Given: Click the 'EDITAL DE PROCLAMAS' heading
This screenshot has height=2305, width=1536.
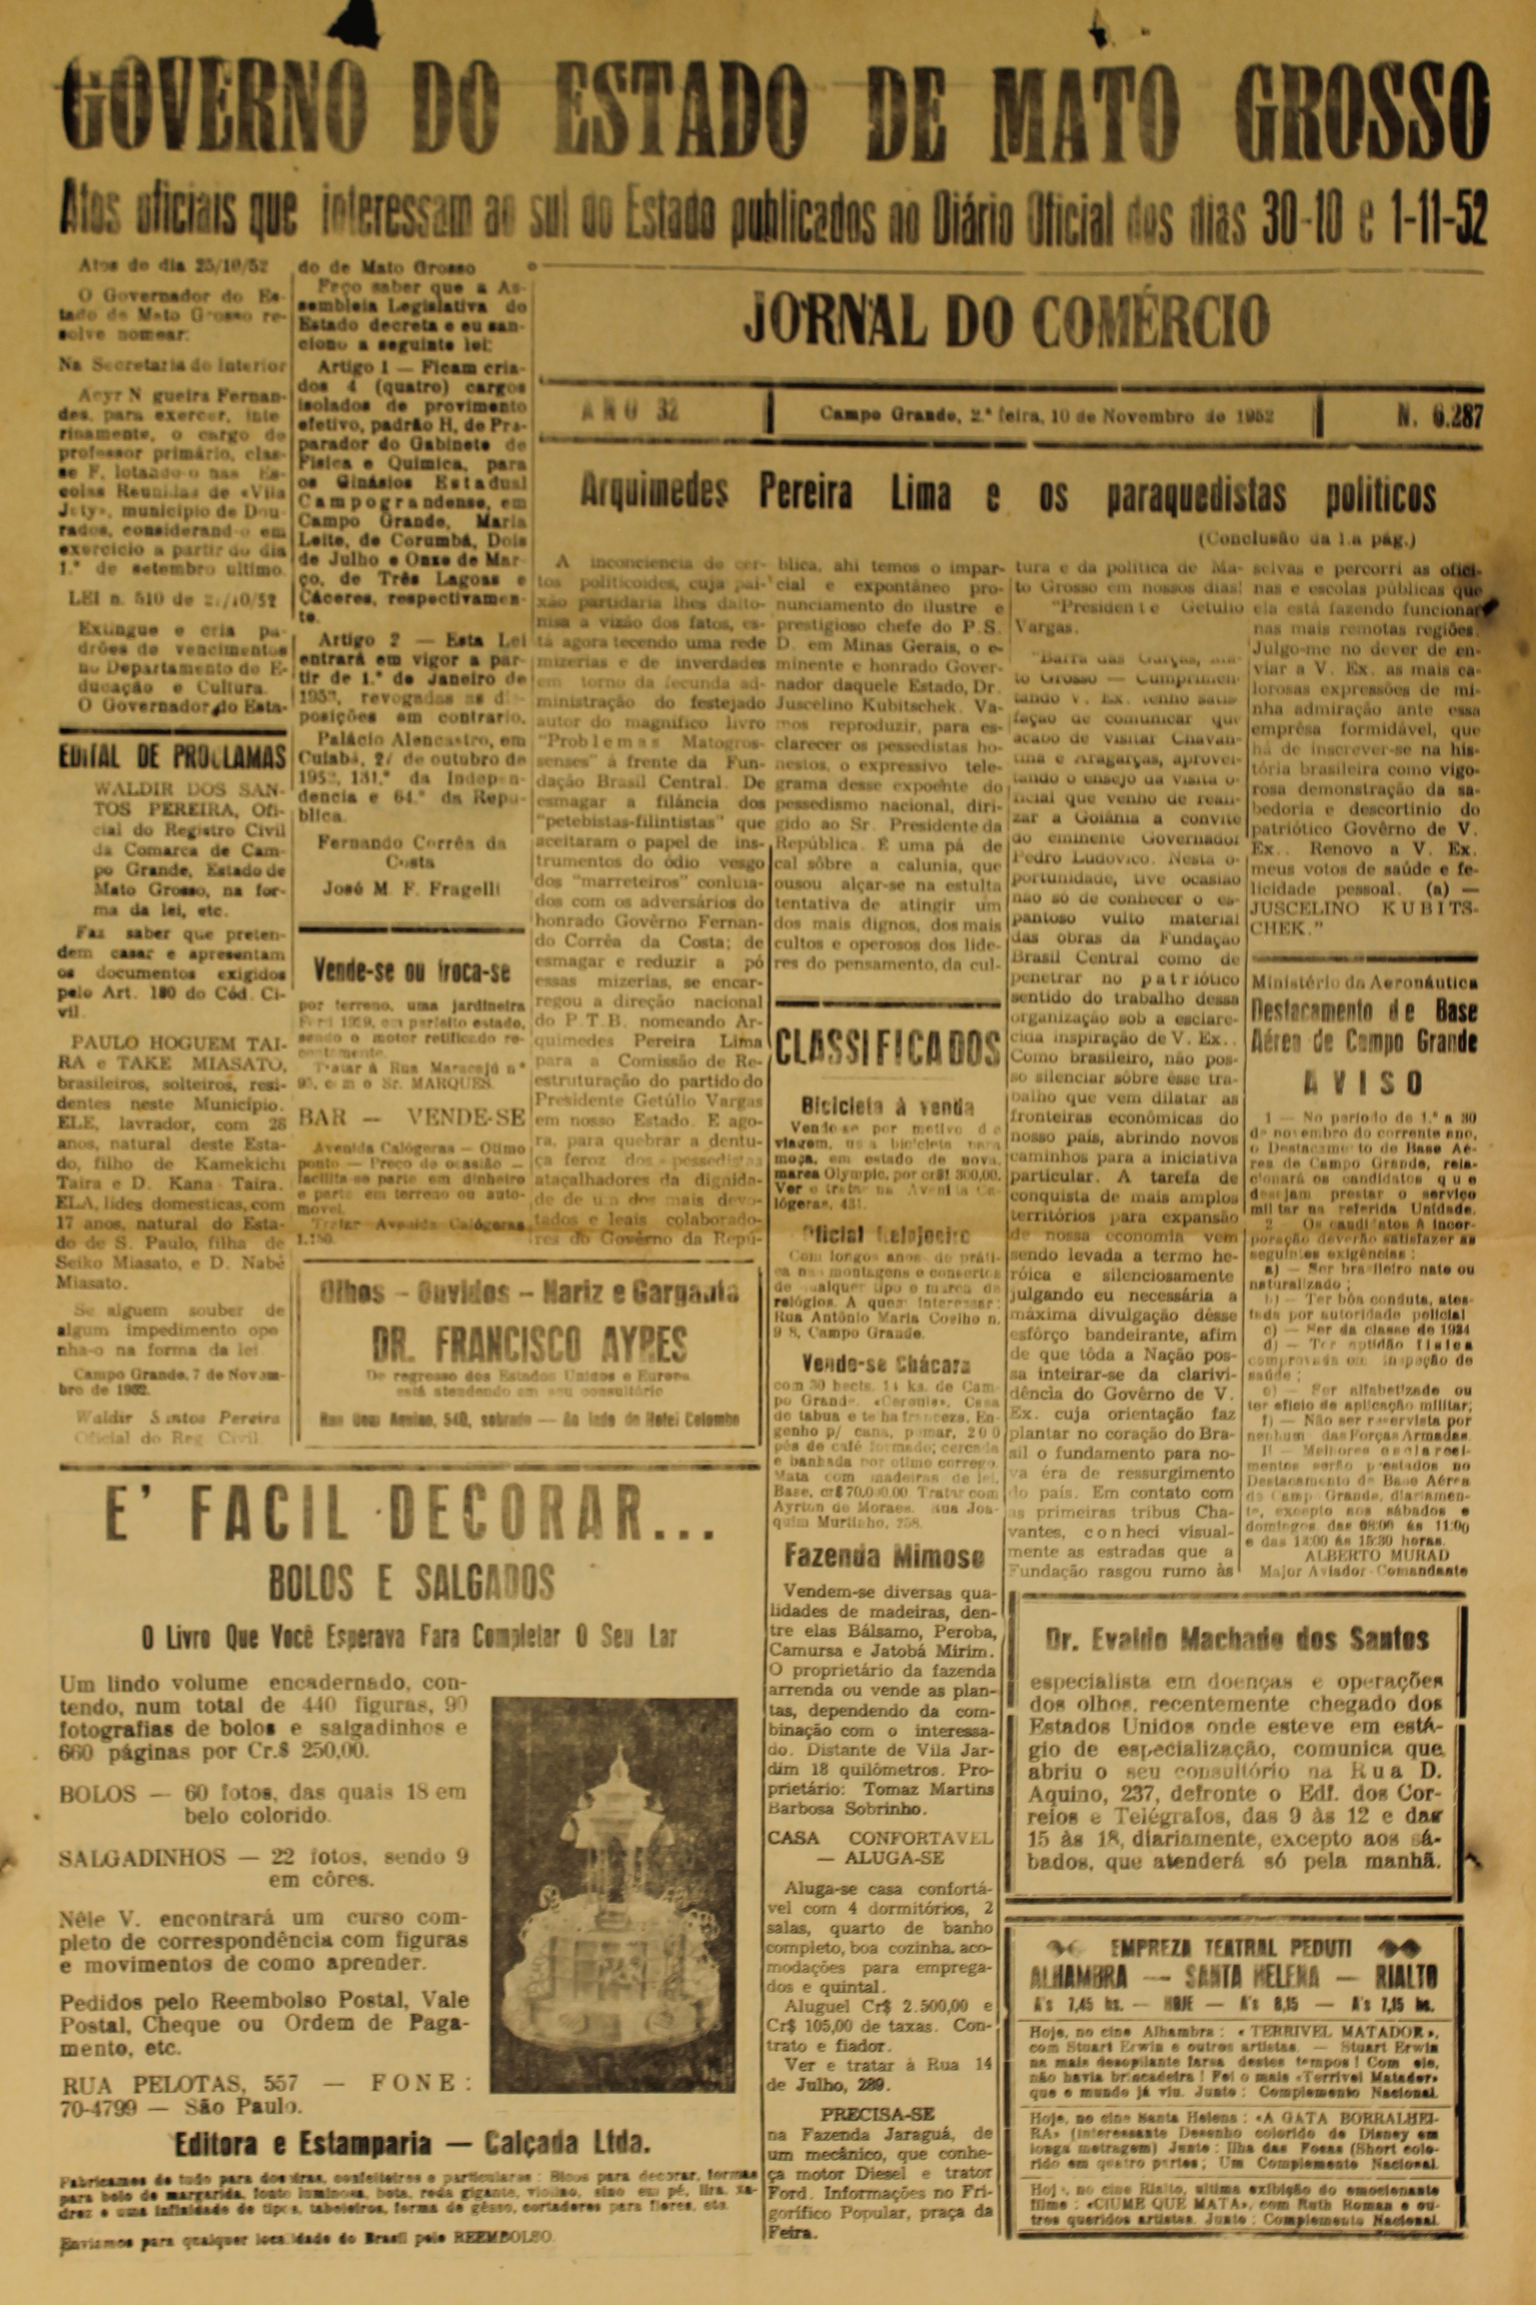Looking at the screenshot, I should (x=173, y=756).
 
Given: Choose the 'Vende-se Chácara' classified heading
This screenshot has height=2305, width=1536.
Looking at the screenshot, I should (x=886, y=1363).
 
